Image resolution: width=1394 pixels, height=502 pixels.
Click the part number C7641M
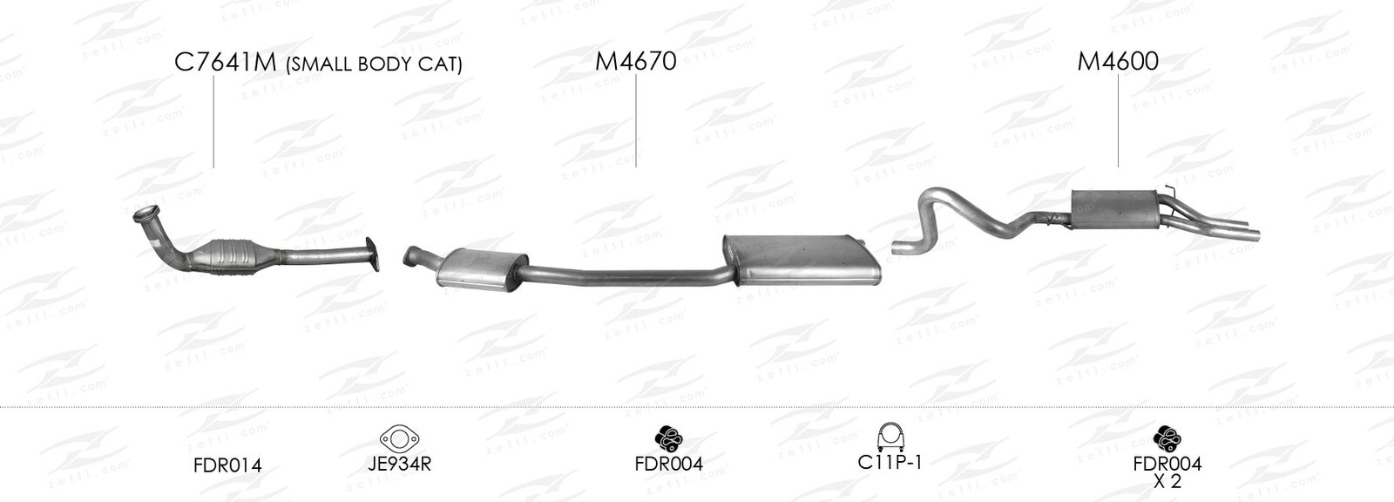tap(226, 62)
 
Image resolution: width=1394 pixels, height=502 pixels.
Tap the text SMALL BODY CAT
tap(374, 64)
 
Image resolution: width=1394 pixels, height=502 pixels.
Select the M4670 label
tap(635, 62)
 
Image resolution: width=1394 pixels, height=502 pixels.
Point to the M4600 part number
tap(1118, 61)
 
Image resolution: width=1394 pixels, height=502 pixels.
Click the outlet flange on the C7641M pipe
tap(372, 254)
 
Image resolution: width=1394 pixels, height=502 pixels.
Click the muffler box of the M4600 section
tap(1114, 209)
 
